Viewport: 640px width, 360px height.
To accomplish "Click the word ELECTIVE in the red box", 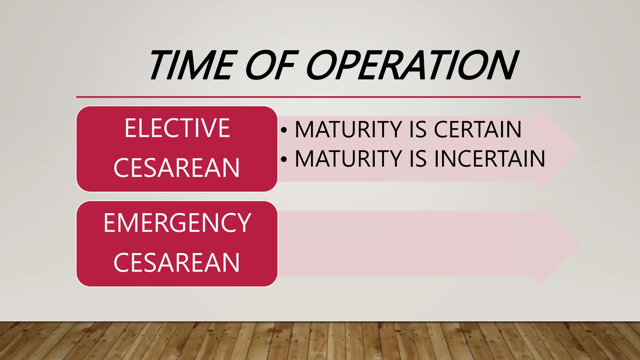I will (x=177, y=128).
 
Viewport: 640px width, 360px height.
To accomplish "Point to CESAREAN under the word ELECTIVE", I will (x=177, y=168).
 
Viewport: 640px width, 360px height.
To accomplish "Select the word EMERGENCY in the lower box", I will (x=177, y=223).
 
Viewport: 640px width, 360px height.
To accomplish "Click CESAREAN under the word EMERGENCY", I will (x=177, y=263).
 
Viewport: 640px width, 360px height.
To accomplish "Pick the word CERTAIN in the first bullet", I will (x=477, y=129).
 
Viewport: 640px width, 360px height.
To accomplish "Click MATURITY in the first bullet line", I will (x=348, y=129).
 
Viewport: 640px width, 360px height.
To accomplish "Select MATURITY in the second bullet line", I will (x=348, y=159).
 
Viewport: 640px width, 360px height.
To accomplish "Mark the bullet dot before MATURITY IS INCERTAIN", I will (x=284, y=159).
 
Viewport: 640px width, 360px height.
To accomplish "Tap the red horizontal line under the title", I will (x=328, y=97).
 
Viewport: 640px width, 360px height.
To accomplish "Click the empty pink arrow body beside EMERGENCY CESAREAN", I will (x=406, y=244).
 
